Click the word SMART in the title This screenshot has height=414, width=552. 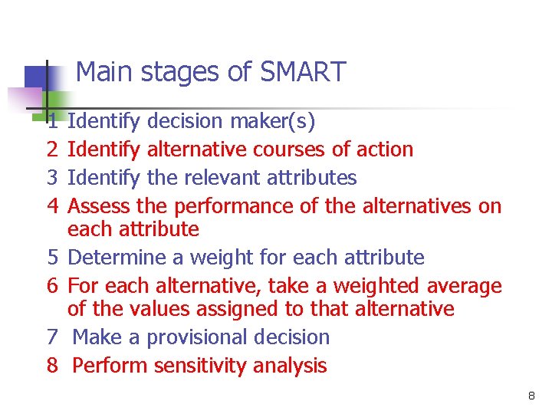coord(304,73)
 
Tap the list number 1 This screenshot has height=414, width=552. coord(52,121)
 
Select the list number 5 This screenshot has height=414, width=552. coord(52,258)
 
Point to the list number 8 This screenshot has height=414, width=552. coord(52,366)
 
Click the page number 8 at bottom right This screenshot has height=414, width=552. coord(531,396)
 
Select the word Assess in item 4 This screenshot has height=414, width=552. coord(99,206)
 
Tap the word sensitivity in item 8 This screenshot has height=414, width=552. coord(202,366)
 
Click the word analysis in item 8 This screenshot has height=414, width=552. coord(291,366)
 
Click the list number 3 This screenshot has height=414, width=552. coord(52,178)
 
